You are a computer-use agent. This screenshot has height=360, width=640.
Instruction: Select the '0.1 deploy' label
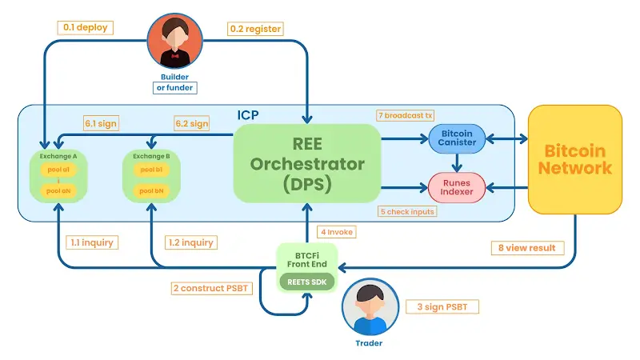point(86,27)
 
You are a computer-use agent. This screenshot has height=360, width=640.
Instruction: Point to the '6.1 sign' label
point(101,124)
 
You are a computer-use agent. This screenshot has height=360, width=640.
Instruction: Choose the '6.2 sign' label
point(192,124)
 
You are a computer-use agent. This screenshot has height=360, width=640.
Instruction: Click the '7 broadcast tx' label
point(406,115)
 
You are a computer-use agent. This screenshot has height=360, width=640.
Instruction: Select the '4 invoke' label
point(336,232)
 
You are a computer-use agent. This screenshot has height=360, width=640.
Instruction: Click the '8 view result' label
point(527,247)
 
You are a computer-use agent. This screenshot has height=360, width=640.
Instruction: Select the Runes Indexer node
point(458,186)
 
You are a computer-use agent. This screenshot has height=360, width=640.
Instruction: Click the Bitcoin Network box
point(575,160)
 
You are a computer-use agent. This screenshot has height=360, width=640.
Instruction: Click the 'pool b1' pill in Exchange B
point(151,170)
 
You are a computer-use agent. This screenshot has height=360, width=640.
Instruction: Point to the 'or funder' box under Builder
point(174,87)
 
